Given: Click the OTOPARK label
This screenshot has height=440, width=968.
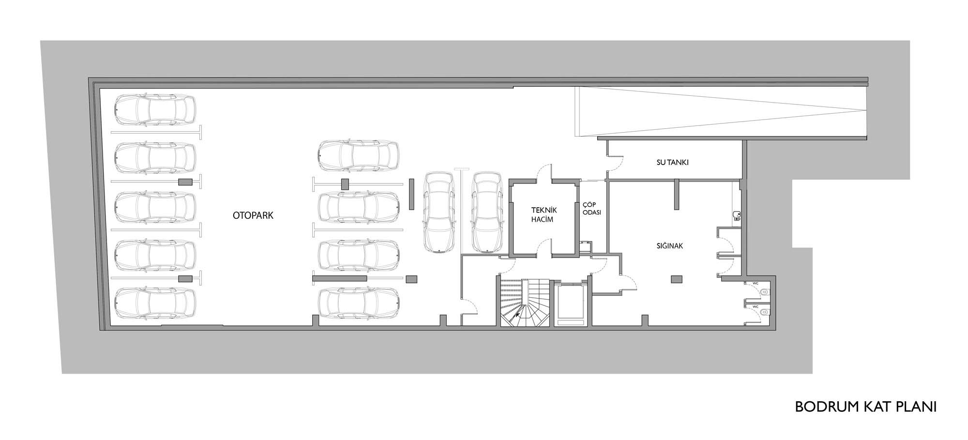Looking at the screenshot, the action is pos(253,215).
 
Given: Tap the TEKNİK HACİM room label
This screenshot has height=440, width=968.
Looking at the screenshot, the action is pos(544,214).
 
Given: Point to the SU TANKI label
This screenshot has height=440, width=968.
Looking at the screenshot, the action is pos(672,163).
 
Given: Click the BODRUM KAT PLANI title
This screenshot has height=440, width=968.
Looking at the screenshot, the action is pos(866,407).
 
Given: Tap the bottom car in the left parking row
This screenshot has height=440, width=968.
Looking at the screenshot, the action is pos(155,303).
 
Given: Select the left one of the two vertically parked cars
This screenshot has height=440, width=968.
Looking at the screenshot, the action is pos(439,212).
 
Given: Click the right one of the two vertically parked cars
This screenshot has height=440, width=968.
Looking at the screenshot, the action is pos(487,212).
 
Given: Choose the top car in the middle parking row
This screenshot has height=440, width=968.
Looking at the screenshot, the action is pos(359,156).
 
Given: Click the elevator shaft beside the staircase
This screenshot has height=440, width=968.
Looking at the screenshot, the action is pos(571,303).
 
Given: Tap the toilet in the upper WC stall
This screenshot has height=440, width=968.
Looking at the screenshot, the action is pos(763,292).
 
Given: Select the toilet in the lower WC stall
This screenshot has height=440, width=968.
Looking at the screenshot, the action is pos(763,313).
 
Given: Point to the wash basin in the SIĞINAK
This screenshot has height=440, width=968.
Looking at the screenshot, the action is pos(737,216).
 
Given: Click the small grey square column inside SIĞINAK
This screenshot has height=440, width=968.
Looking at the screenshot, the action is pos(677,279).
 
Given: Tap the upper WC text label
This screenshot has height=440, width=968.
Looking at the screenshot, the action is pos(755,283).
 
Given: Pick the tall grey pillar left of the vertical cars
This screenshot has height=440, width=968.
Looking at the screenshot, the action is pos(412,194).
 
